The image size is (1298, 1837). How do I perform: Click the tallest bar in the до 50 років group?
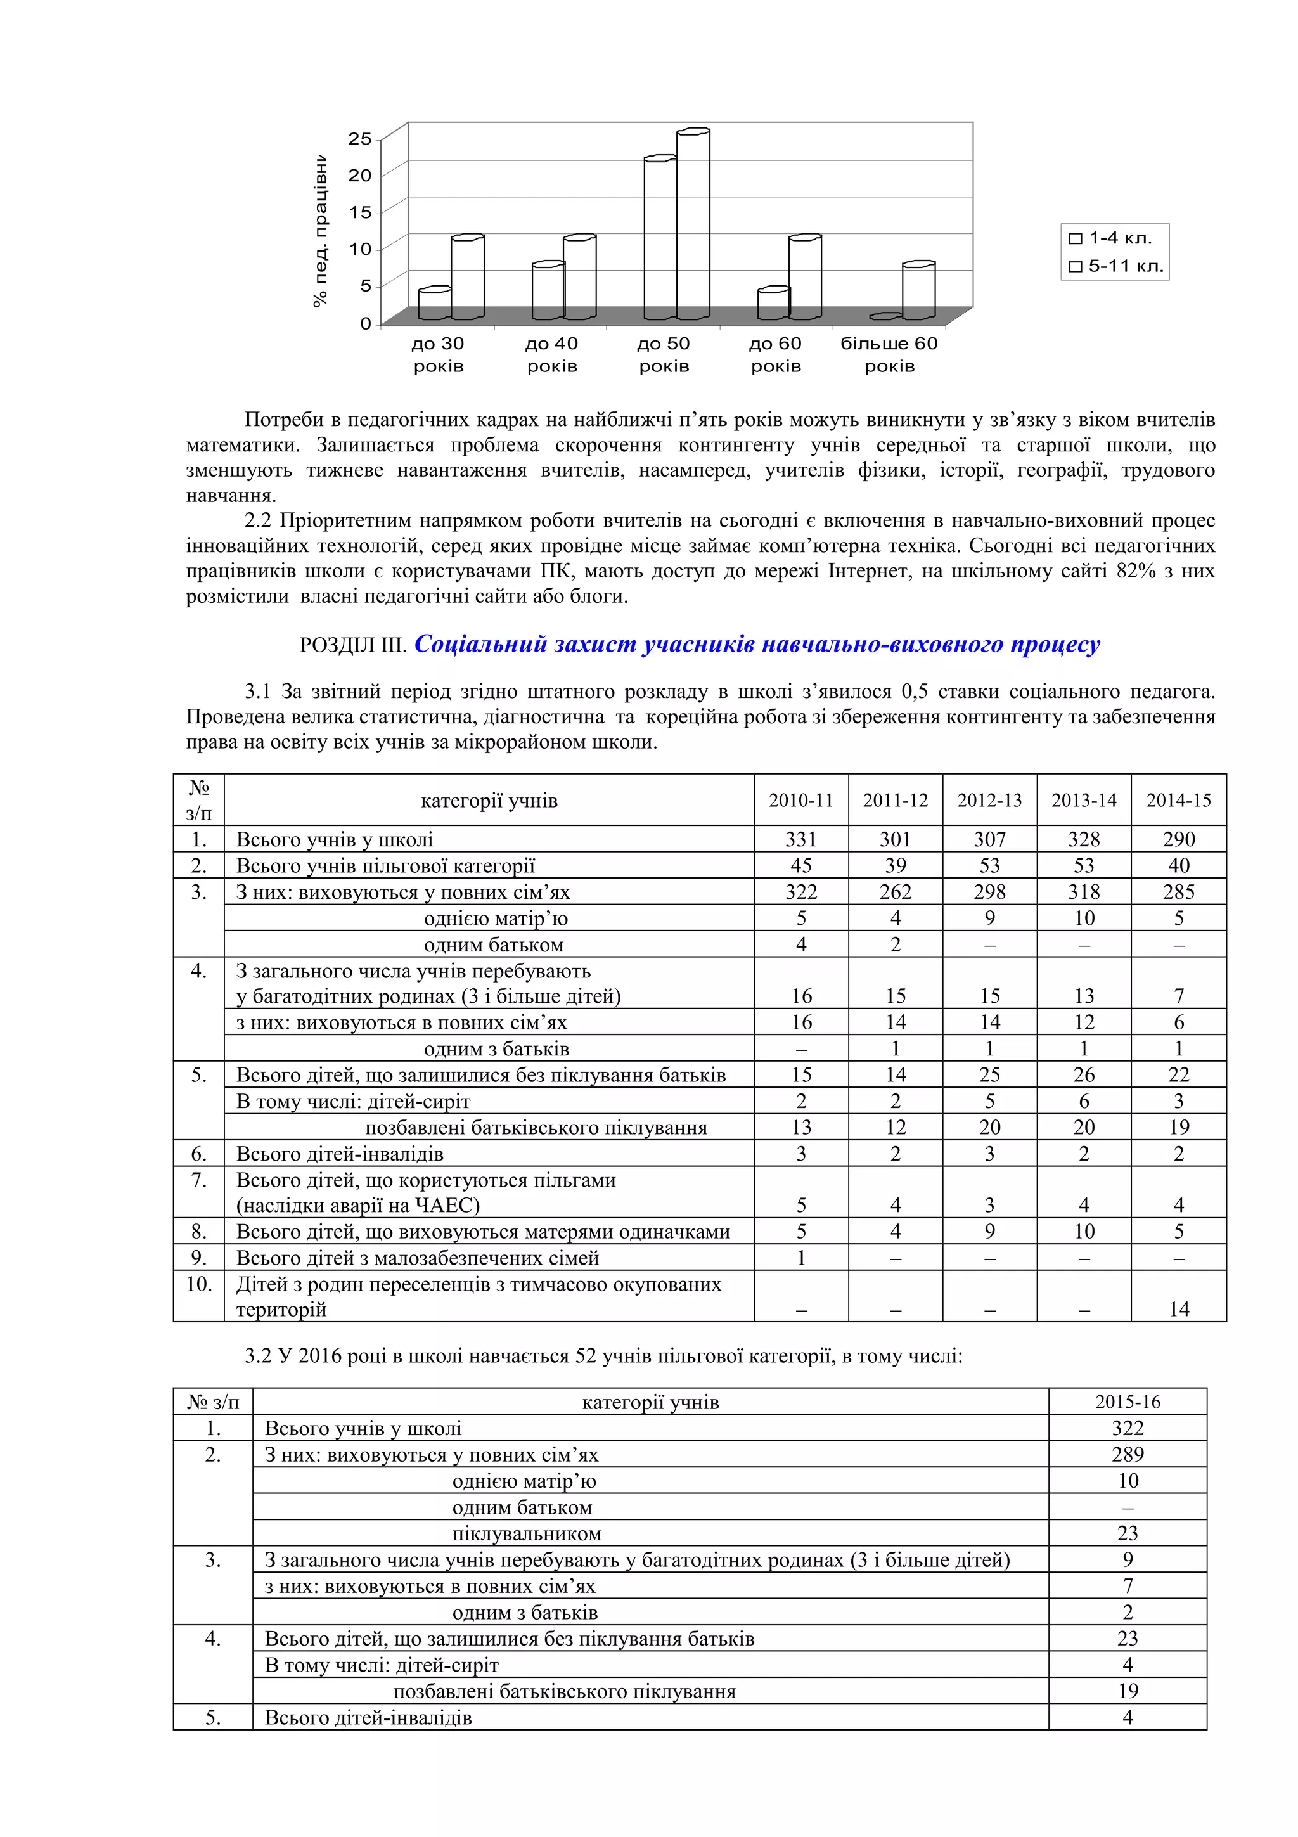(693, 224)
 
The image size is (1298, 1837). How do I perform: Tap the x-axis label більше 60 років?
(889, 354)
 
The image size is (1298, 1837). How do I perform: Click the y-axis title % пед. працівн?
(320, 232)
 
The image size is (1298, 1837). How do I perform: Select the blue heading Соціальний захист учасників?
(757, 644)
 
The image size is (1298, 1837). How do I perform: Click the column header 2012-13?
(989, 800)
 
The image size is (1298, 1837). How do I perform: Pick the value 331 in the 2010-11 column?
(800, 839)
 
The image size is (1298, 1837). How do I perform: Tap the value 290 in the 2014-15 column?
(1178, 839)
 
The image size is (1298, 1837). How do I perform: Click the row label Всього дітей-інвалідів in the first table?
(339, 1154)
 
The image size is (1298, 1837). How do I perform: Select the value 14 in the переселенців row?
(1179, 1309)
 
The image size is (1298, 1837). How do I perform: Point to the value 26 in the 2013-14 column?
(1084, 1074)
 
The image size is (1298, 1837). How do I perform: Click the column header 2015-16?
(1127, 1402)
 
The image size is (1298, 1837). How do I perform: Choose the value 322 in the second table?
(1127, 1428)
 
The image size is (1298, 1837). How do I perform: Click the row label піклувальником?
(526, 1534)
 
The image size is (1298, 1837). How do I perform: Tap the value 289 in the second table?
(1127, 1455)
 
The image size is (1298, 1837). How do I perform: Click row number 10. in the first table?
(198, 1284)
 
